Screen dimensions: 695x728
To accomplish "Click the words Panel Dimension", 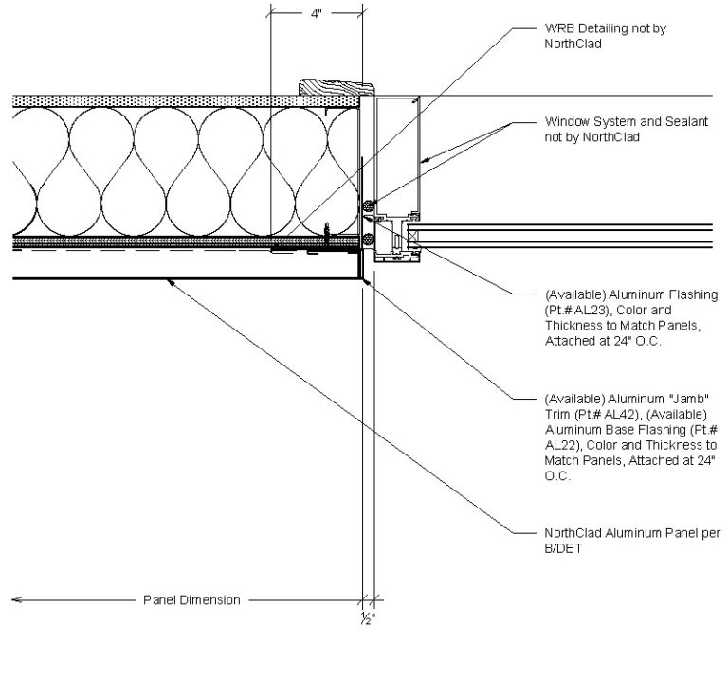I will [191, 599].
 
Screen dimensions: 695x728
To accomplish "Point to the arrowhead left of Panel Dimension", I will [17, 599].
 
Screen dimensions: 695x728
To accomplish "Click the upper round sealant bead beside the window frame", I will [369, 205].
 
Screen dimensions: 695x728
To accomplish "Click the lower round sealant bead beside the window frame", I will [368, 238].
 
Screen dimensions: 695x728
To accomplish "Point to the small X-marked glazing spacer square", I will [414, 250].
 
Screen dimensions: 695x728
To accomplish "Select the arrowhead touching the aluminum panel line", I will [168, 281].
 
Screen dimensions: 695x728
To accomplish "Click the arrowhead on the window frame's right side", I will [425, 162].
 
